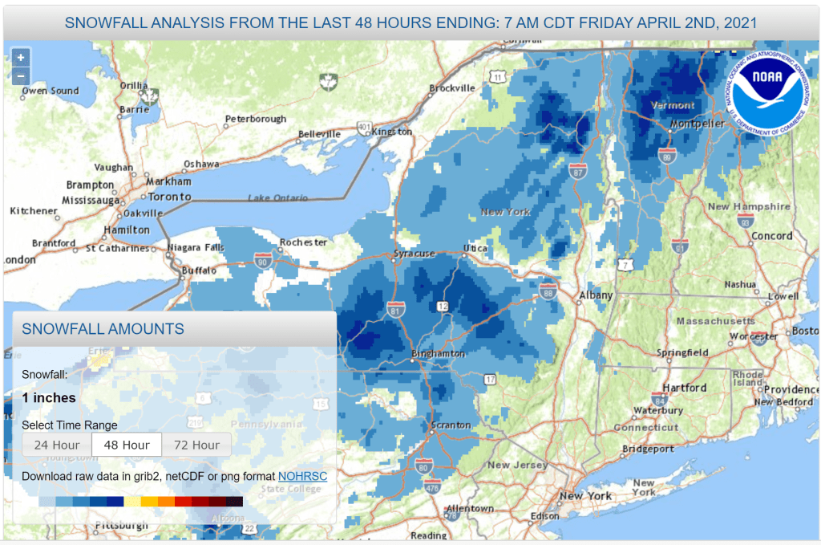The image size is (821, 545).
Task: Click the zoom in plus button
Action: coord(21,58)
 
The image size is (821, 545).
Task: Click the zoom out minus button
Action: coord(21,77)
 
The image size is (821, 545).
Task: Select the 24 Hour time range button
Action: coord(56,445)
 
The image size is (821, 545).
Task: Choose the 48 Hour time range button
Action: coord(126,445)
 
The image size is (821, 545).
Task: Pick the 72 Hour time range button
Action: coord(196,445)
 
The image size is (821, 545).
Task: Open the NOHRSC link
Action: coord(302,477)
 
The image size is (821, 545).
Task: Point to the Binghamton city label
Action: coord(438,353)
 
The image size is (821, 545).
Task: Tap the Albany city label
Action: coord(596,295)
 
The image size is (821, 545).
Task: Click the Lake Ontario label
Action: coord(277,198)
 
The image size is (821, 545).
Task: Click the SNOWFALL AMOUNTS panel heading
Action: coord(103,329)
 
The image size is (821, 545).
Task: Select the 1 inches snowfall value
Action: coord(49,398)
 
